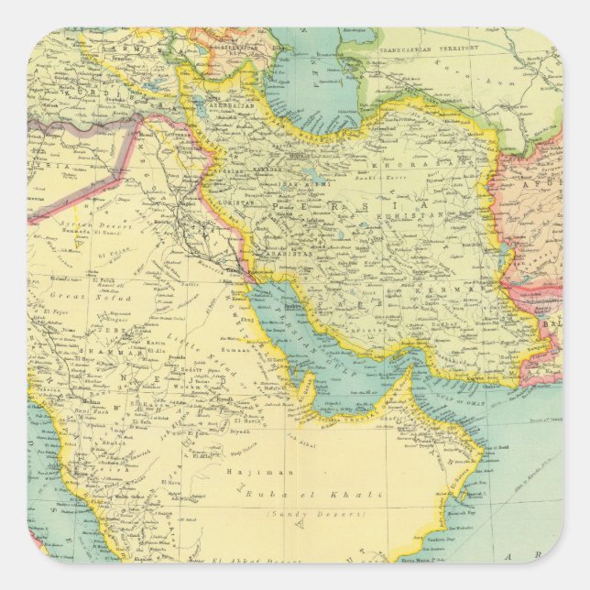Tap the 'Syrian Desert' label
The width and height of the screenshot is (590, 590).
click(x=97, y=226)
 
